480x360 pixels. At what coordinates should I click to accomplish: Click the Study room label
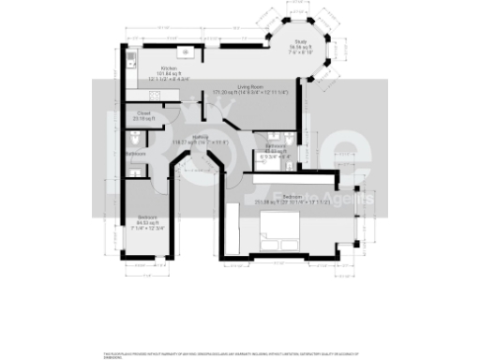coord(301,39)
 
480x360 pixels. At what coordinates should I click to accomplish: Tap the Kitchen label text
coord(170,68)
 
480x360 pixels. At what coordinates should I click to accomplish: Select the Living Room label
coord(248,86)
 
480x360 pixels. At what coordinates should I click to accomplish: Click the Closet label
coord(143,114)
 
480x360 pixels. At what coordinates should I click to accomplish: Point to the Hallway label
coord(201,137)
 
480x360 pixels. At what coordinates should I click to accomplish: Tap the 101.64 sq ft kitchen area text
coord(170,74)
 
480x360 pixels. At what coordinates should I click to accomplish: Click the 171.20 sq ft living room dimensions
coord(247,92)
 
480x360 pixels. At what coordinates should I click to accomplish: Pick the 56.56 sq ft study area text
coord(301,45)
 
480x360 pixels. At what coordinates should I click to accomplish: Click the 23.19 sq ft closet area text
coord(143,120)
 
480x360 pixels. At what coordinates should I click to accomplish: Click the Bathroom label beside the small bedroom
coord(136,153)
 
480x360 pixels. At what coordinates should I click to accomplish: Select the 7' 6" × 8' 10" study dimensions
coord(301,51)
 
